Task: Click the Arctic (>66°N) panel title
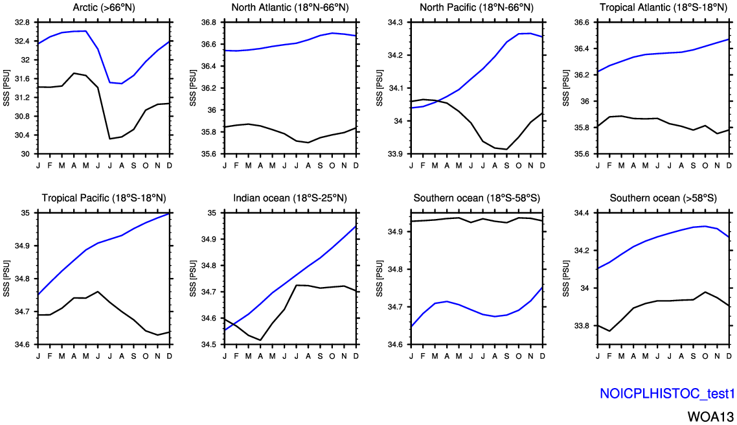(104, 8)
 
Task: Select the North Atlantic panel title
(289, 8)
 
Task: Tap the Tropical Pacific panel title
(104, 198)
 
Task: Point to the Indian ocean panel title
(289, 198)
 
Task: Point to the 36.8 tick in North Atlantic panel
(209, 22)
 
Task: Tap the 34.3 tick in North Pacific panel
(395, 22)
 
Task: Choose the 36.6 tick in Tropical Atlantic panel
(582, 22)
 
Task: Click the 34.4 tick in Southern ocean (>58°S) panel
(582, 213)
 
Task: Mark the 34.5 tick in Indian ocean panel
(209, 345)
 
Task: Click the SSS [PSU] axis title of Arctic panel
(7, 88)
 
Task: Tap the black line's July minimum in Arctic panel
(110, 139)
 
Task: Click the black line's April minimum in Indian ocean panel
(260, 340)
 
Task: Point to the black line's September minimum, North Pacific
(507, 150)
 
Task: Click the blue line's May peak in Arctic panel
(86, 30)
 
